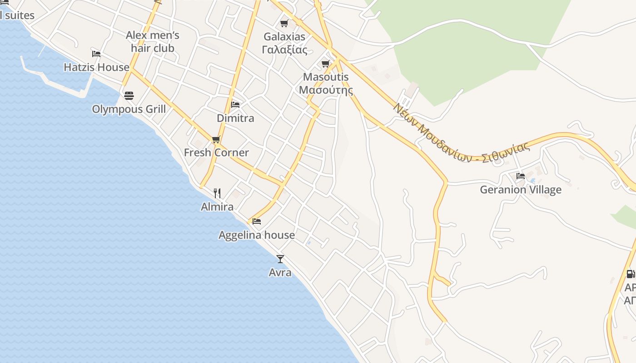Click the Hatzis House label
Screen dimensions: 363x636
[x=96, y=67]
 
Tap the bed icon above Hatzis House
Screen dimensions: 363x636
[x=96, y=54]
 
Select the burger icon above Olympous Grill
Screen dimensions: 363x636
[x=129, y=96]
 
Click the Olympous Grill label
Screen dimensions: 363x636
[x=129, y=109]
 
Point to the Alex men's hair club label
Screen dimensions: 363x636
[x=153, y=42]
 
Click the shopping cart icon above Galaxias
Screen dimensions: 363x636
[x=284, y=23]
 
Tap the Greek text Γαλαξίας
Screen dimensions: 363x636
[x=284, y=49]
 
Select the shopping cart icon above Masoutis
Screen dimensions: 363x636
[x=325, y=64]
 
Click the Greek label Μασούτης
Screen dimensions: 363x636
[x=326, y=90]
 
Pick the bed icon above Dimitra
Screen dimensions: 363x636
[x=235, y=104]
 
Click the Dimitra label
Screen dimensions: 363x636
[x=235, y=118]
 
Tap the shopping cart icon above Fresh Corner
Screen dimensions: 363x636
[x=216, y=139]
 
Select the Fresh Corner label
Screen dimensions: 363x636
[x=216, y=152]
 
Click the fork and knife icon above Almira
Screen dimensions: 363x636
[x=217, y=193]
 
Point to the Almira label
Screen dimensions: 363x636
[x=217, y=207]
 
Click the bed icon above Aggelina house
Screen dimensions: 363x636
[x=257, y=221]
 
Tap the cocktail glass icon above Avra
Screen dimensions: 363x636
[x=280, y=259]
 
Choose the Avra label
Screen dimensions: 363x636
[x=280, y=273]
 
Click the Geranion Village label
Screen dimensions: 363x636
[x=521, y=190]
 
